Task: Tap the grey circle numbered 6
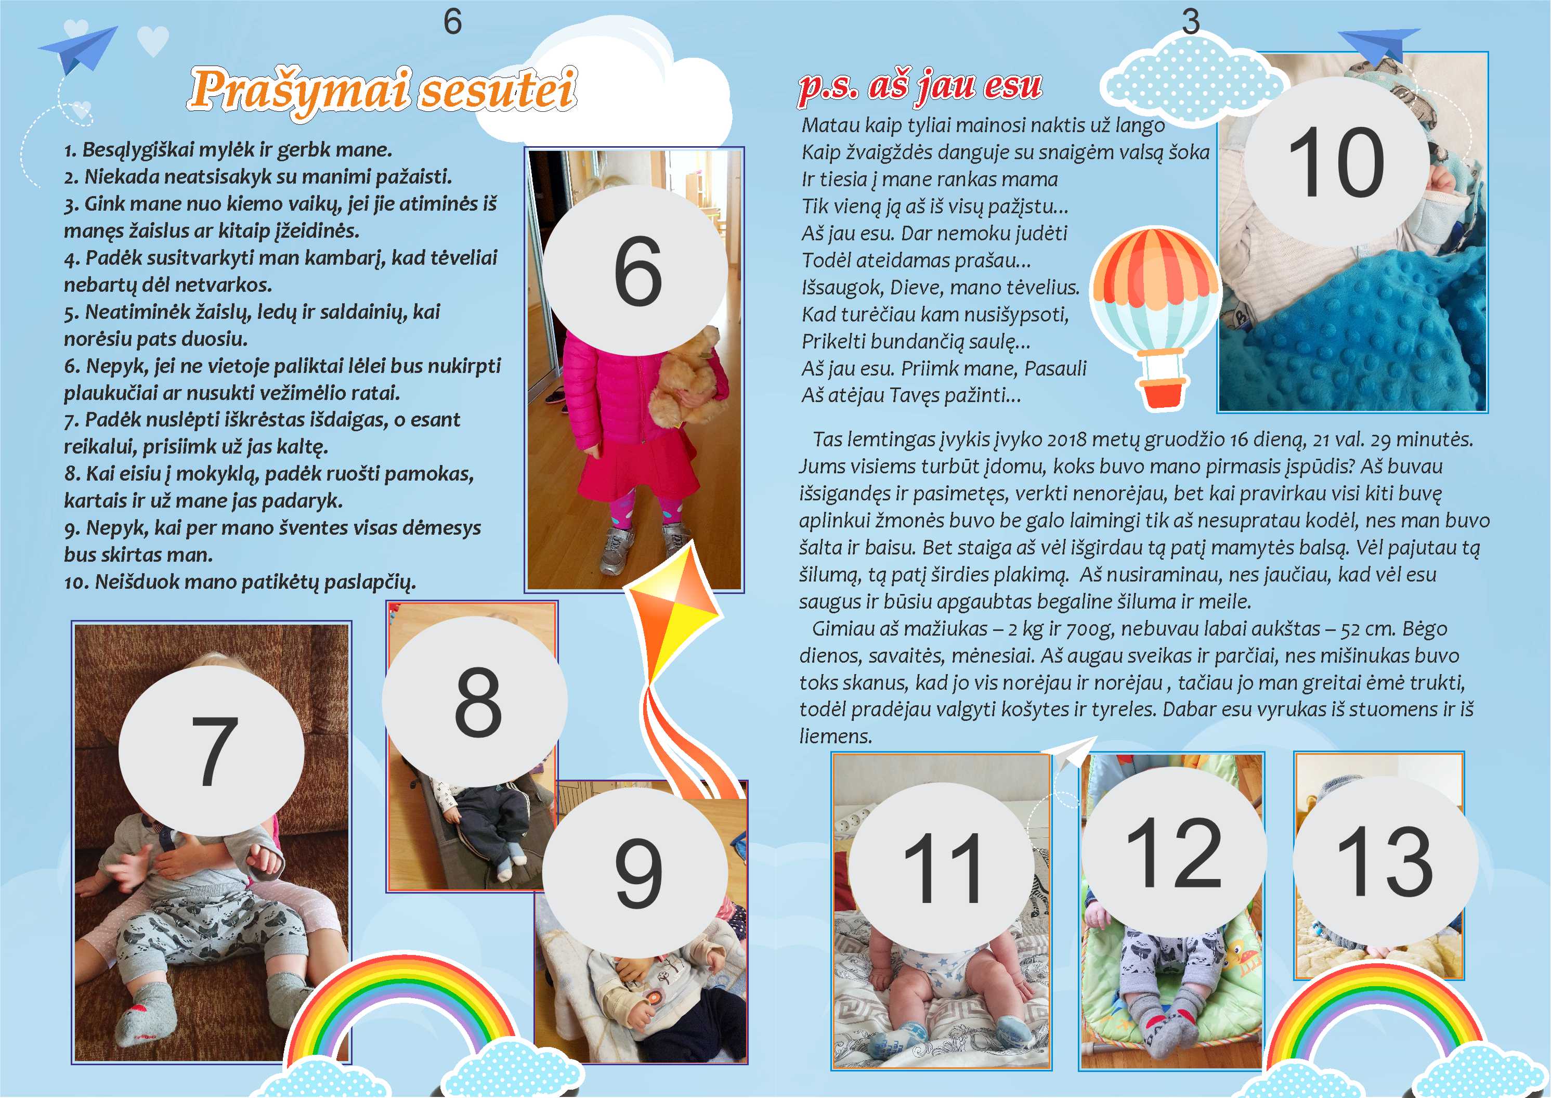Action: tap(636, 270)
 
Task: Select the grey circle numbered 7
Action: tap(212, 750)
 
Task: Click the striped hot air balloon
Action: tap(1156, 318)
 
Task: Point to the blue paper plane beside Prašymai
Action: tap(79, 49)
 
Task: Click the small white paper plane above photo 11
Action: tap(1068, 752)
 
